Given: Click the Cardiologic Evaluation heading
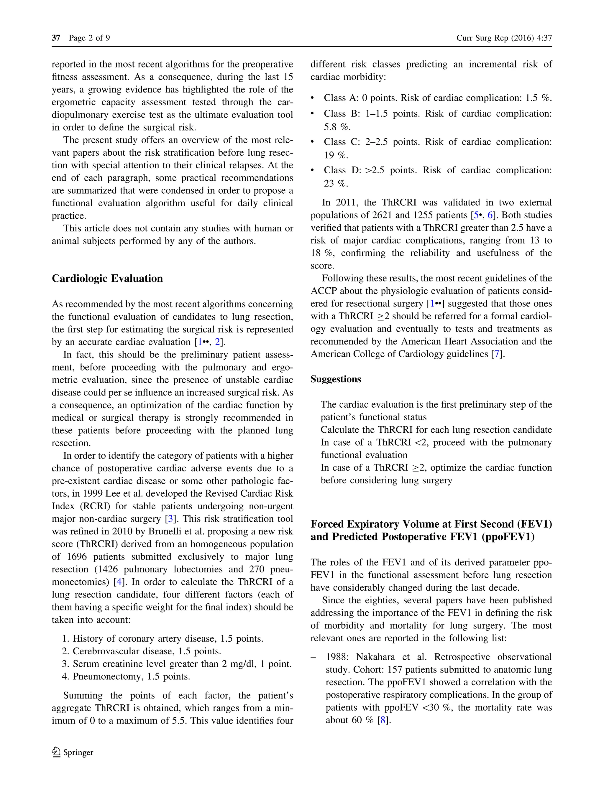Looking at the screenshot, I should point(107,279).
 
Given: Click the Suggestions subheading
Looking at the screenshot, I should point(336,379).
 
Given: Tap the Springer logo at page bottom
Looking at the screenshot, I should point(73,752).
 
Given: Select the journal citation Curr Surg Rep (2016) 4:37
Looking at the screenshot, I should point(504,38).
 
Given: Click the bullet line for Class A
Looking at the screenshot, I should point(437,98).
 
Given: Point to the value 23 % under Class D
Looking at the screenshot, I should point(336,183).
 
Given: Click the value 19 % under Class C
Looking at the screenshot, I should point(336,155).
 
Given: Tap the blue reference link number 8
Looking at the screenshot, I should point(382,720).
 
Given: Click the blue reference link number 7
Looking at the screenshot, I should point(497,354).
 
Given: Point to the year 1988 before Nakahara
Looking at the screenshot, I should point(337,657).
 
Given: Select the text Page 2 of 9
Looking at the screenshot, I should point(89,38).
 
